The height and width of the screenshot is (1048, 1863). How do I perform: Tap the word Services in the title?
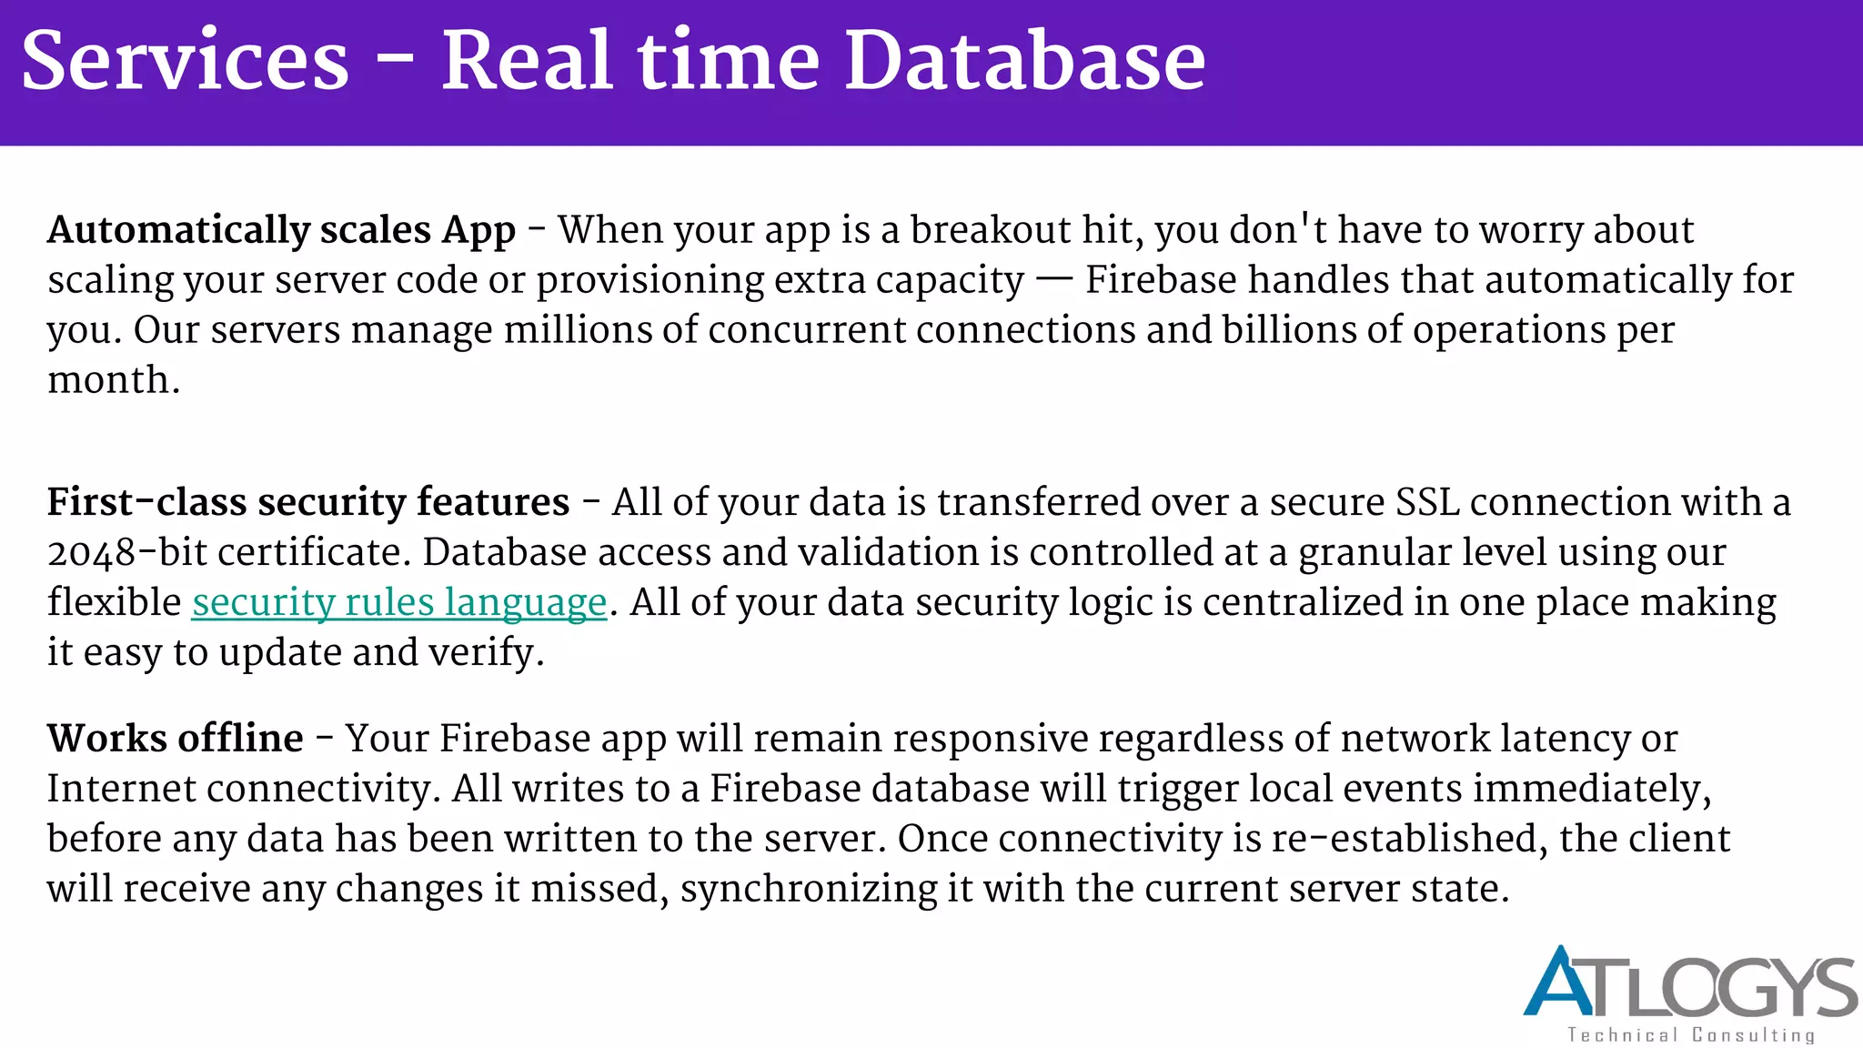(186, 61)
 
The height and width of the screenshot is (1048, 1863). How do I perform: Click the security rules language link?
(398, 603)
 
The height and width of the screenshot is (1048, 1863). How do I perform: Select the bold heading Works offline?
(175, 739)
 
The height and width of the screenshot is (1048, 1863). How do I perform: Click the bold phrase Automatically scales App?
(281, 231)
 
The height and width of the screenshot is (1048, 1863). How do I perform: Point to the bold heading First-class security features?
(307, 503)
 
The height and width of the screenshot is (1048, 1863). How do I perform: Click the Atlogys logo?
(1690, 983)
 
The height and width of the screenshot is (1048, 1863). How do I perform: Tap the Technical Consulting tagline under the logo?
(1690, 1035)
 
